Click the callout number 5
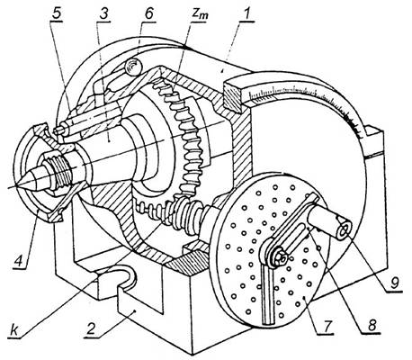56,14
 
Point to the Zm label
200,15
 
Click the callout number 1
246,14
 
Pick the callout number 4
18,259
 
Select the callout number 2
92,329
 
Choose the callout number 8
372,325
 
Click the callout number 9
395,282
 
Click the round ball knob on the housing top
133,67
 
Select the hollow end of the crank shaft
345,230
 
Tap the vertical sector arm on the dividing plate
267,294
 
